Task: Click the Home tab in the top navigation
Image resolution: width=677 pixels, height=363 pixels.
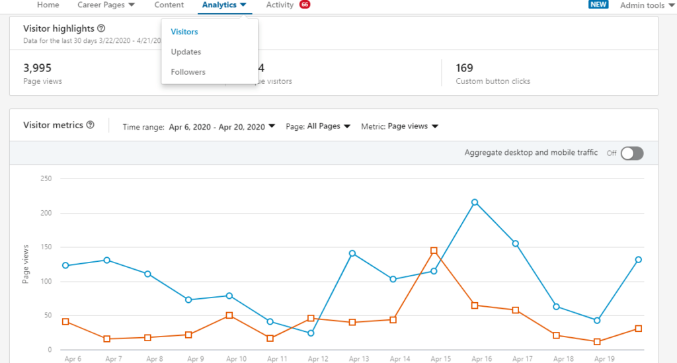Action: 48,5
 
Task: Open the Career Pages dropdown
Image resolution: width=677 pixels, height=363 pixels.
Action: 106,5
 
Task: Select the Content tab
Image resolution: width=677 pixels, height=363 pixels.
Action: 169,5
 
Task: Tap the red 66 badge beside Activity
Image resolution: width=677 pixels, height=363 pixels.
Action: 304,5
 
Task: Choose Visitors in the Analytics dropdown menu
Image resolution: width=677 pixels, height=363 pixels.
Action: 184,32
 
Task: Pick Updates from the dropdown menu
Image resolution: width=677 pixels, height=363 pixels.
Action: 186,52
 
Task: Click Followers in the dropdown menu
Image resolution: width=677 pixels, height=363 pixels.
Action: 188,71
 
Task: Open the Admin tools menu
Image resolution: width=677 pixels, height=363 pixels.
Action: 647,5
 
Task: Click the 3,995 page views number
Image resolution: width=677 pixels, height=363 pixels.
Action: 37,67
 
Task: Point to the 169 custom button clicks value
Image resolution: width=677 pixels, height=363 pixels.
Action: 464,67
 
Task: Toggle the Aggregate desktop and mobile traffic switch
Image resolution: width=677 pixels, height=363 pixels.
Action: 631,153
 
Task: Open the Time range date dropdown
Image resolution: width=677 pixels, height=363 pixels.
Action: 221,126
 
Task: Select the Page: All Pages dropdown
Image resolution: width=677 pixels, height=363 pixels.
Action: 328,126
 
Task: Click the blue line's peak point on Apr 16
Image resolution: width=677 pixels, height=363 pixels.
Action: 475,202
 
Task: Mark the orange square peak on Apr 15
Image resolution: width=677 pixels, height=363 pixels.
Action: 434,251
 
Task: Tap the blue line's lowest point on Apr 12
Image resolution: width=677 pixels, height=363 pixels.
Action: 311,333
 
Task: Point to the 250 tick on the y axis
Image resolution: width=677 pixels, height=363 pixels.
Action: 46,179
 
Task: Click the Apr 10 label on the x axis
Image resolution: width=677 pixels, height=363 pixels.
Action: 236,359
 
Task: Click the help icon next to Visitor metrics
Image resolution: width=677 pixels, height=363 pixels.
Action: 91,125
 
